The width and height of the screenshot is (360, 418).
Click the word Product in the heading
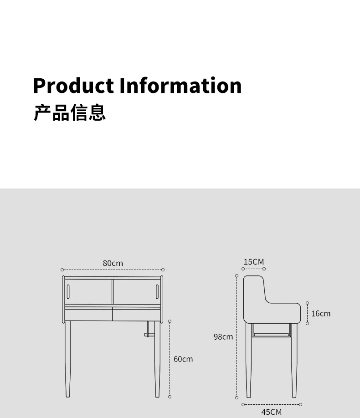point(73,86)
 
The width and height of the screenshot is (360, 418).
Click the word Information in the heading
point(180,86)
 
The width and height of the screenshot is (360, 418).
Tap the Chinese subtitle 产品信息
point(69,112)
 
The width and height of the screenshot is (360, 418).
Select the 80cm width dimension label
point(113,263)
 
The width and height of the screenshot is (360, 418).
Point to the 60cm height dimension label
point(183,359)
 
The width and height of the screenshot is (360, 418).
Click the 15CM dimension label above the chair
point(254,262)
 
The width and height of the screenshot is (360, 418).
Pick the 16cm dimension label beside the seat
point(321,313)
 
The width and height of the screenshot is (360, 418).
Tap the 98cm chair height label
point(223,337)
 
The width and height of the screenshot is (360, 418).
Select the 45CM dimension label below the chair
point(271,412)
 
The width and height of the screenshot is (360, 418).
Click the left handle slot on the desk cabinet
point(68,291)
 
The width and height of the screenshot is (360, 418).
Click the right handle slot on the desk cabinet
point(157,291)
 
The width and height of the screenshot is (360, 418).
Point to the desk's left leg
point(68,360)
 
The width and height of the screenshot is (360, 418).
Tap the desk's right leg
point(157,360)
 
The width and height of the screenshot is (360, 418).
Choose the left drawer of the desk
point(88,314)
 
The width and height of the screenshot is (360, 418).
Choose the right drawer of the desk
point(136,314)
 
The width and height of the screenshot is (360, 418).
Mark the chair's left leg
point(248,360)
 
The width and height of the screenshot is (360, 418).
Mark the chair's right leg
point(294,360)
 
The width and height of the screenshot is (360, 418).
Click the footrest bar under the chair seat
point(272,334)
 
